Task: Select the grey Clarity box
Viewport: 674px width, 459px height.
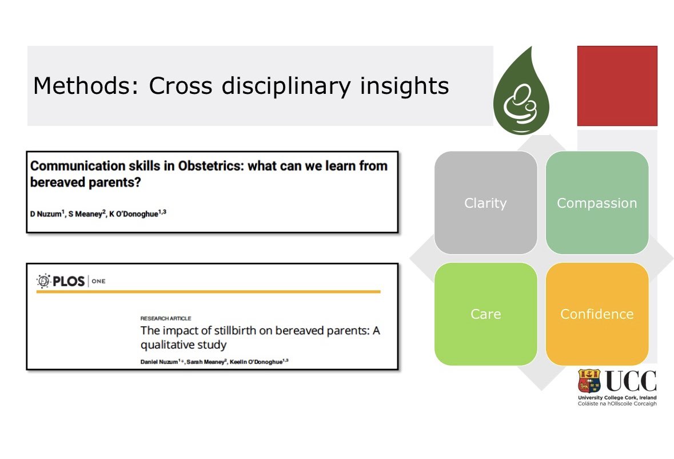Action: pos(485,203)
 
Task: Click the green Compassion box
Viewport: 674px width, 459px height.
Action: pos(597,203)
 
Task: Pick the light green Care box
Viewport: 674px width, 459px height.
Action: pos(485,314)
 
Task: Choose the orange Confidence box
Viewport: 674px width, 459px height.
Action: pos(597,314)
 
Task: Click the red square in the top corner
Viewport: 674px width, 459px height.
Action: pos(617,86)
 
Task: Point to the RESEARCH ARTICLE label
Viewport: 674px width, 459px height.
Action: pos(166,318)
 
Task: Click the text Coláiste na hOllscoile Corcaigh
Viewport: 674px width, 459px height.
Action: pos(617,403)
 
